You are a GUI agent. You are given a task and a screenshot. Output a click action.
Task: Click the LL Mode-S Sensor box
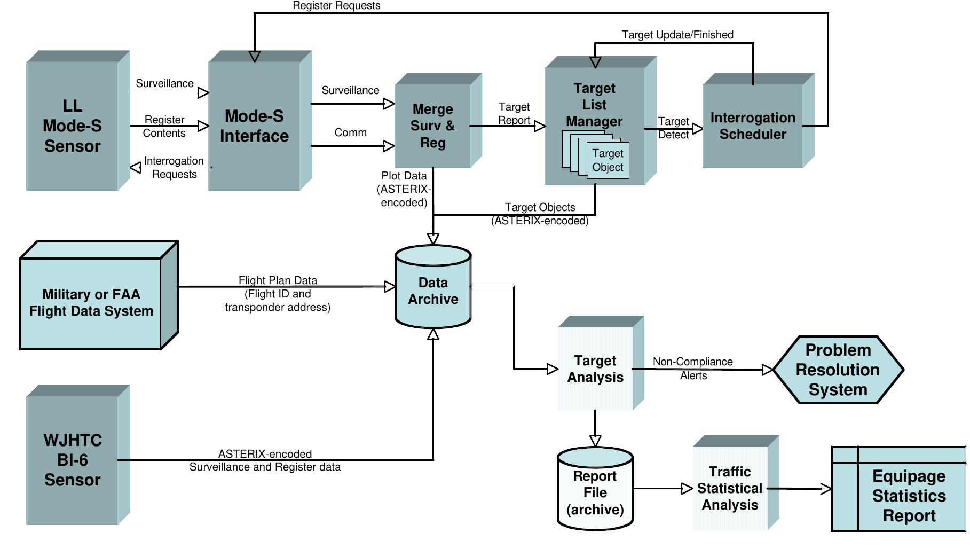(72, 126)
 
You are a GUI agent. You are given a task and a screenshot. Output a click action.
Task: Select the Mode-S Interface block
(254, 126)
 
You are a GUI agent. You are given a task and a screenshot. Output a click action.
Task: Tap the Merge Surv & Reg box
(433, 126)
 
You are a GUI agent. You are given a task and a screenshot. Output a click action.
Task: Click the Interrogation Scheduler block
(753, 126)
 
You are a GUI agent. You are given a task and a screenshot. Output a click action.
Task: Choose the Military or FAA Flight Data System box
(91, 303)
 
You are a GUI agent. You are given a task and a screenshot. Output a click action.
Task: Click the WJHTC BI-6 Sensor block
(72, 460)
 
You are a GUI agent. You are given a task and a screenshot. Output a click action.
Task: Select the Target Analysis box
(595, 369)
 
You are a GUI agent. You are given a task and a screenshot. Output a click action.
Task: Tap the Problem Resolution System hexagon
(838, 370)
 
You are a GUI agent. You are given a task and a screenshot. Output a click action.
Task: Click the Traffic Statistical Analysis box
(730, 488)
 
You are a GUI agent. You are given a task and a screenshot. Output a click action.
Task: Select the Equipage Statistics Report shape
(909, 496)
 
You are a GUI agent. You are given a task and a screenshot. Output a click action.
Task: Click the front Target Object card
(608, 160)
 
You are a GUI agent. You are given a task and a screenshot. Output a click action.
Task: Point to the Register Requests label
(336, 6)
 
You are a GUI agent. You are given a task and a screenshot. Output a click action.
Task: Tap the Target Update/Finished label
(677, 35)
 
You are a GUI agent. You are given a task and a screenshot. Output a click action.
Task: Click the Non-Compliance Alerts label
(693, 369)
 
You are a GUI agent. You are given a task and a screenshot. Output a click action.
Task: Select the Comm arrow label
(350, 132)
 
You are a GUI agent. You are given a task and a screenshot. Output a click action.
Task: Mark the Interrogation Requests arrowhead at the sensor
(136, 168)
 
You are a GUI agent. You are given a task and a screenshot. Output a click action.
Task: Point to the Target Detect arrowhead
(697, 129)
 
